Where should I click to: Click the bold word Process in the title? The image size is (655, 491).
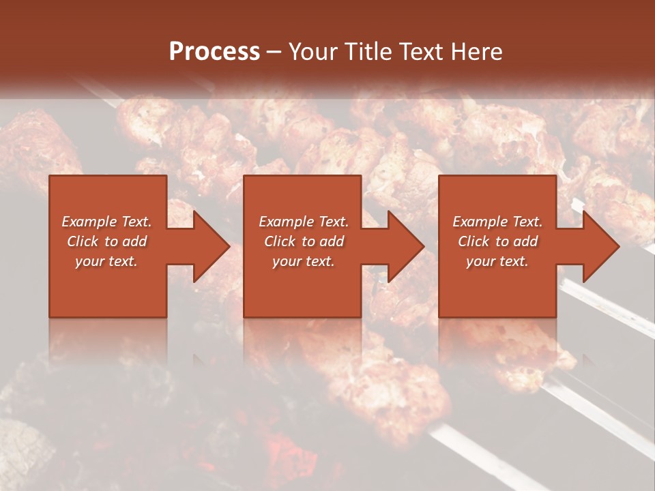(214, 52)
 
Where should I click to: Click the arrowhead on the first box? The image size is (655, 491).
(209, 246)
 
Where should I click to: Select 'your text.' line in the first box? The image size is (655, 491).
(106, 261)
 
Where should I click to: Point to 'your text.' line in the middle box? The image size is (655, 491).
(304, 261)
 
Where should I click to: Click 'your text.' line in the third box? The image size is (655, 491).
(497, 261)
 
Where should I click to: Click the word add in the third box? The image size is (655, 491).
(526, 241)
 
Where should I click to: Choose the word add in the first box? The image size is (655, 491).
(135, 241)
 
